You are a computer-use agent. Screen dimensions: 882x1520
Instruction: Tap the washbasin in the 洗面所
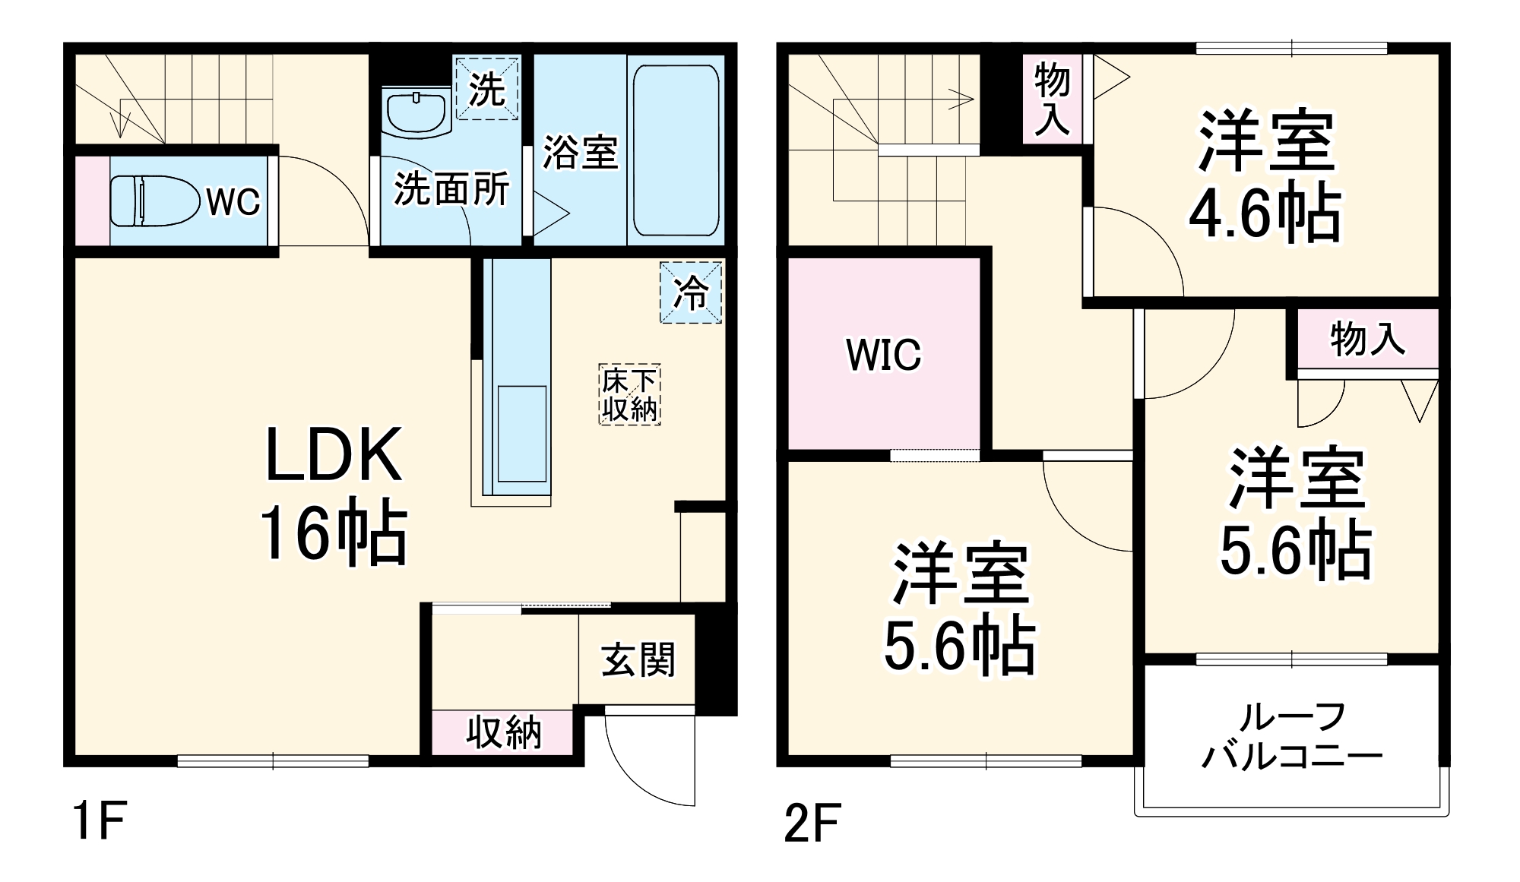pyautogui.click(x=415, y=112)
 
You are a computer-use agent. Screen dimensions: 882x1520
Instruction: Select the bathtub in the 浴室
pyautogui.click(x=676, y=150)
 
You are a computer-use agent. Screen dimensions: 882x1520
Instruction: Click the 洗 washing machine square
pyautogui.click(x=486, y=88)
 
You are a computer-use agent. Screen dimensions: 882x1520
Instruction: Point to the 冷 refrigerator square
pyautogui.click(x=690, y=292)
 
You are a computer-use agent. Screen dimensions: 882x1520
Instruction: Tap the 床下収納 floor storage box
pyautogui.click(x=629, y=394)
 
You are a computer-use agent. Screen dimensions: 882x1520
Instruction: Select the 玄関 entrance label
pyautogui.click(x=638, y=659)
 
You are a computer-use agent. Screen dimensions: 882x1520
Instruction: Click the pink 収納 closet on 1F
pyautogui.click(x=503, y=732)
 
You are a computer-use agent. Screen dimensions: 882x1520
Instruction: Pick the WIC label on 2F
pyautogui.click(x=883, y=355)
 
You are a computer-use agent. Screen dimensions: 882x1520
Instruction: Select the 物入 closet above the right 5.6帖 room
pyautogui.click(x=1367, y=338)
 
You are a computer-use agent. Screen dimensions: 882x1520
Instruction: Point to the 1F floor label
pyautogui.click(x=98, y=820)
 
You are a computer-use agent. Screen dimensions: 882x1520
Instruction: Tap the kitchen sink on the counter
pyautogui.click(x=521, y=433)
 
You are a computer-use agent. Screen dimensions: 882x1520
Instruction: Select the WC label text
pyautogui.click(x=233, y=202)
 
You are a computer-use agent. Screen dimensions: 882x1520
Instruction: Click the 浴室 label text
pyautogui.click(x=580, y=152)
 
